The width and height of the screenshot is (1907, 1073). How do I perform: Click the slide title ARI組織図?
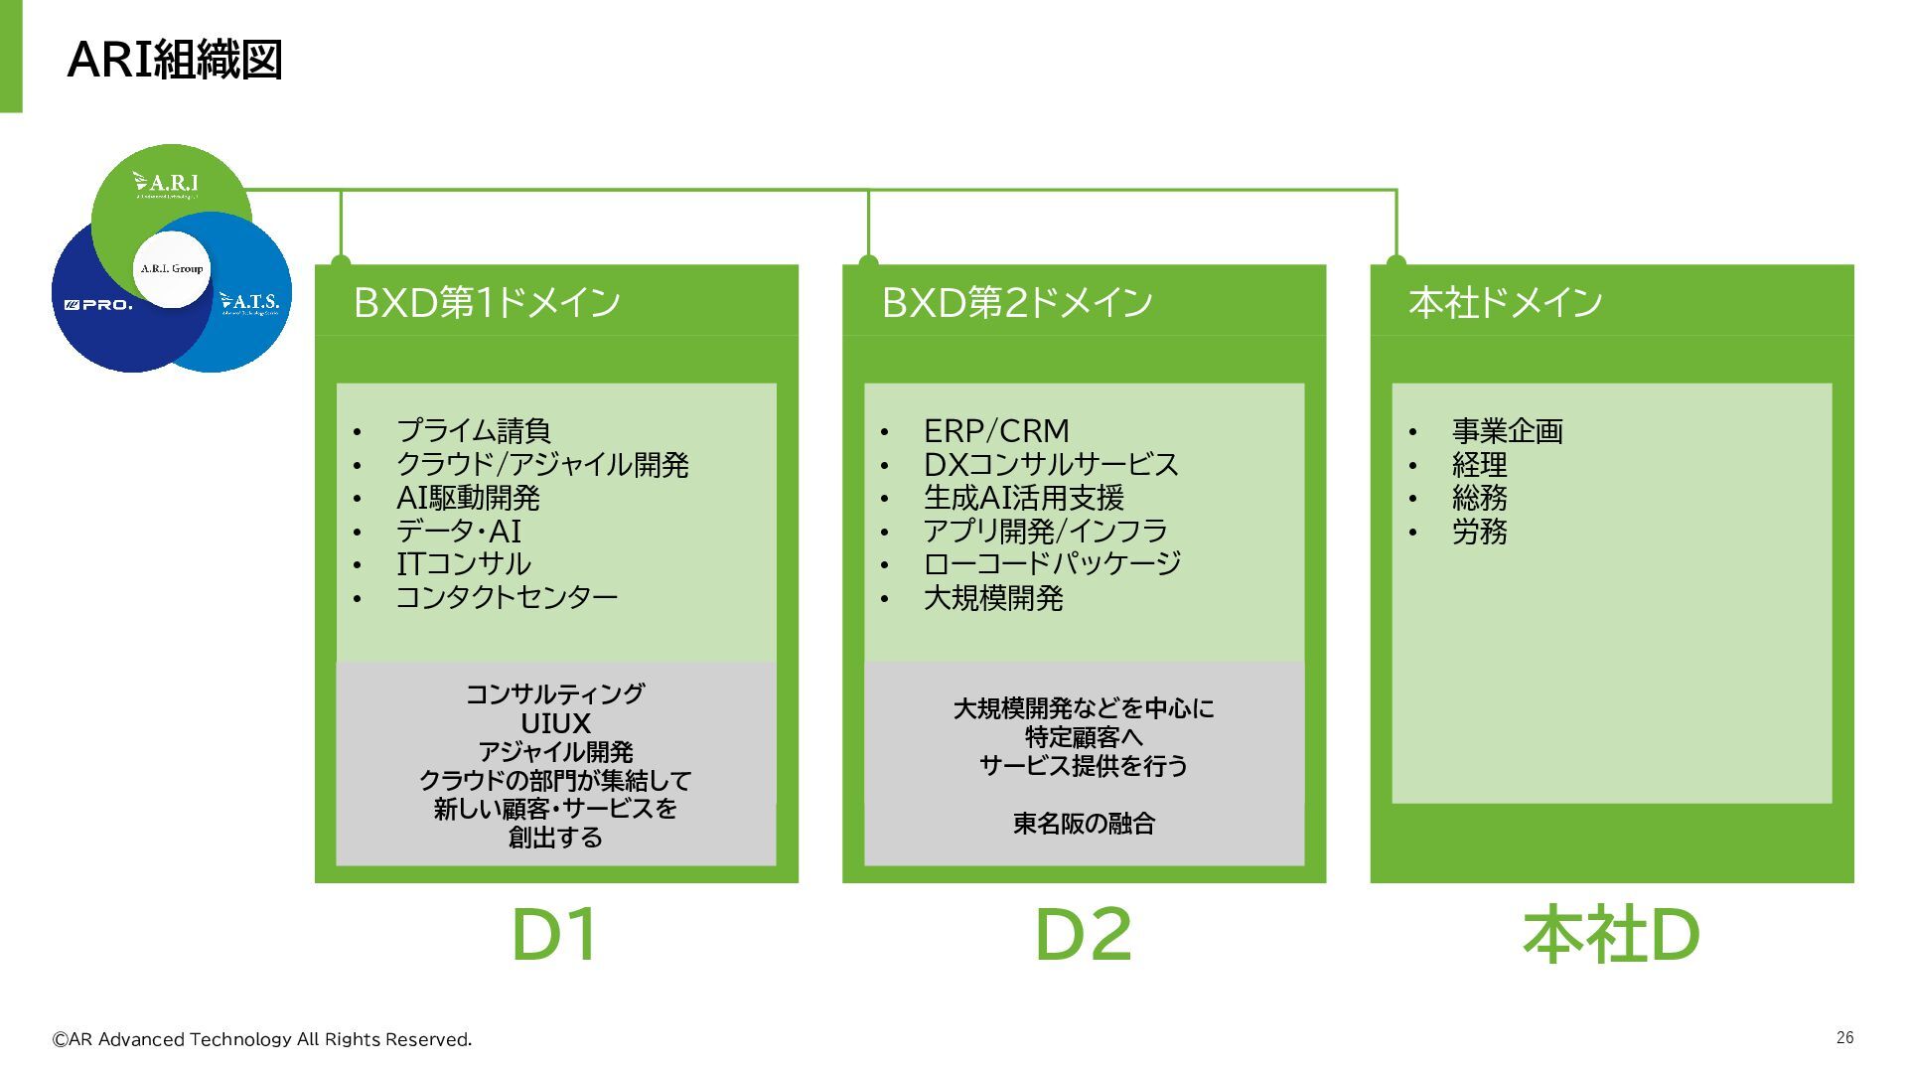pos(175,60)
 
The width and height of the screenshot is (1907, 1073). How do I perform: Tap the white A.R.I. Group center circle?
pos(172,268)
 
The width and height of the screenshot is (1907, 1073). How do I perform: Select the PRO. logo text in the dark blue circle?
pos(98,305)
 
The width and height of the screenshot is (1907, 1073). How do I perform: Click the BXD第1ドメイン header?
pos(487,302)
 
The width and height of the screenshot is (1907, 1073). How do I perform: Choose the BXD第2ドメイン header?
pos(1016,302)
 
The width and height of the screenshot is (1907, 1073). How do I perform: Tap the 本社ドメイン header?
pos(1505,302)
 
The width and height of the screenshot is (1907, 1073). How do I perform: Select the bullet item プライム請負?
pos(473,431)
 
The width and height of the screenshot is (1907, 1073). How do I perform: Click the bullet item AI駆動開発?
pos(468,498)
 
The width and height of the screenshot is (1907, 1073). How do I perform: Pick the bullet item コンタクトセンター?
pos(507,597)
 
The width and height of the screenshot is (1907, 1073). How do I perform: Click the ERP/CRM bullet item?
pos(996,431)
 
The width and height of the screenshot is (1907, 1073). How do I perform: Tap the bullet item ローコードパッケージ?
pos(1052,564)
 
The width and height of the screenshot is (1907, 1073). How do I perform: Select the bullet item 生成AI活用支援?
pos(1023,498)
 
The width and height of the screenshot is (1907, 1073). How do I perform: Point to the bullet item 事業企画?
pos(1507,431)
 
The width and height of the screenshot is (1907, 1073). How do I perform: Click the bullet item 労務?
pos(1479,532)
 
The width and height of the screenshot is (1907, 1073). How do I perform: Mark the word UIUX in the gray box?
pos(555,723)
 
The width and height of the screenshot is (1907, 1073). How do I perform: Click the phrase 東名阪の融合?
pos(1084,824)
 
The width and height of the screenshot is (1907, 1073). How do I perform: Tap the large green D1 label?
pos(555,935)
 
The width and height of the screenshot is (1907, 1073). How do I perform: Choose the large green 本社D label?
pos(1611,935)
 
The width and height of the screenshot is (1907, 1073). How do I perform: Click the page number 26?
pos(1844,1037)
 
